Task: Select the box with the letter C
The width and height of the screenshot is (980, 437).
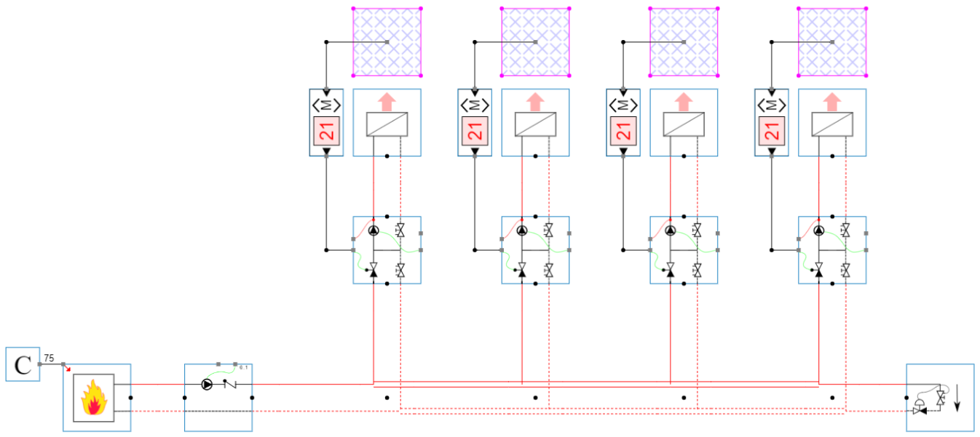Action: click(x=23, y=364)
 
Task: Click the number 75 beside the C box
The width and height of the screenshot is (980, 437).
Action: click(x=49, y=358)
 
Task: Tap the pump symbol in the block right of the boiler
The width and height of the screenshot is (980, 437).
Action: click(x=208, y=384)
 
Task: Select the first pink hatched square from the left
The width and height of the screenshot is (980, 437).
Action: click(x=387, y=42)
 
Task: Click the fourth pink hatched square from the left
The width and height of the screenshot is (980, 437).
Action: click(x=833, y=42)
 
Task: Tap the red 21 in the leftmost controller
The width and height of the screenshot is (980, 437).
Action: click(x=326, y=132)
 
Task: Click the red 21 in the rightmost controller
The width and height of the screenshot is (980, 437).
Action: click(x=772, y=132)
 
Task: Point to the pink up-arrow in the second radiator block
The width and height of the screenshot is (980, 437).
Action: click(x=536, y=102)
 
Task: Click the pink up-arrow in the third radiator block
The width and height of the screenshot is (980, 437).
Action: click(x=684, y=102)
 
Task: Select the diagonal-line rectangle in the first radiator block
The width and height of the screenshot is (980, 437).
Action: click(x=387, y=125)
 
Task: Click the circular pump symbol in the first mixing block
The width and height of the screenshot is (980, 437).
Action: click(x=374, y=230)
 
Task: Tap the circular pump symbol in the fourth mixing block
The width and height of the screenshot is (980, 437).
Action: click(x=819, y=230)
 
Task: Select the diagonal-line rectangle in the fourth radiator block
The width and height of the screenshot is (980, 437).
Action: click(x=833, y=125)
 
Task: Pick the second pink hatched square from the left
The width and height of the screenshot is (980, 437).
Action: click(x=536, y=42)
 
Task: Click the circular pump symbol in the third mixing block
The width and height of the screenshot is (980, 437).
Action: click(x=671, y=230)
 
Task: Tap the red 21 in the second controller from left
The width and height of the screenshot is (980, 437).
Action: click(x=475, y=132)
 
